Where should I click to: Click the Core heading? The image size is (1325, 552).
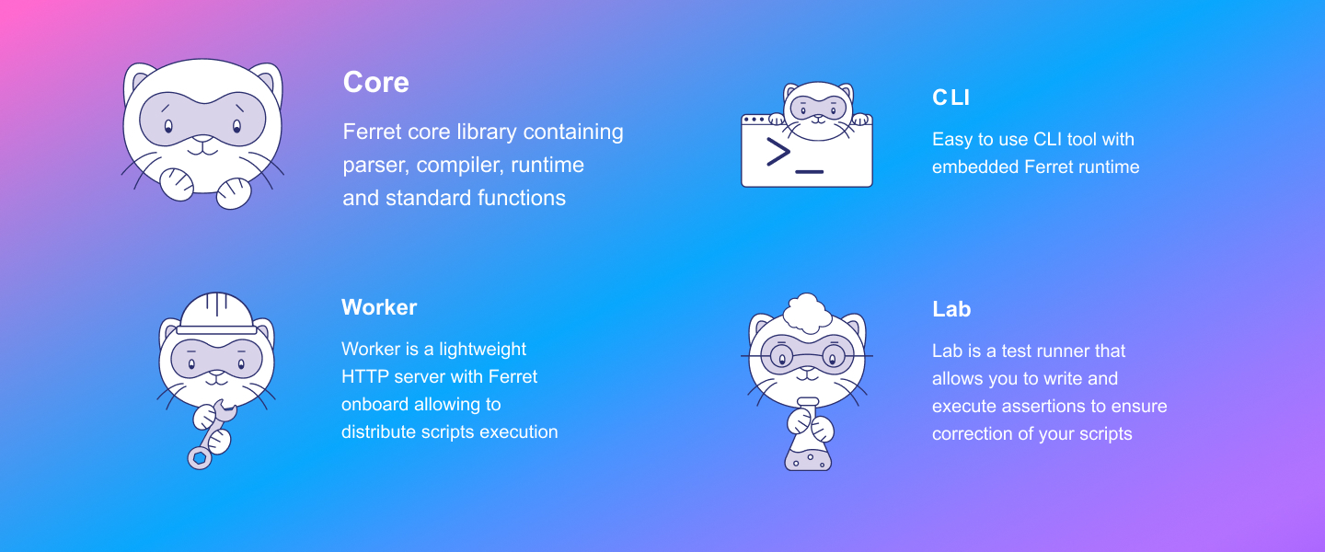[375, 82]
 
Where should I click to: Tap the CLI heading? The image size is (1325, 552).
[951, 98]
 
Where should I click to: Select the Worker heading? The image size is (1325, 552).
[379, 307]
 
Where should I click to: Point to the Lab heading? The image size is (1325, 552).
[951, 309]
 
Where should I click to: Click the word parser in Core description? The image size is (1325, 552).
[375, 165]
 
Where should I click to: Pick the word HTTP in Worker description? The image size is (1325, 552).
[365, 376]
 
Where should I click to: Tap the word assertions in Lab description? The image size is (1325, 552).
[1043, 406]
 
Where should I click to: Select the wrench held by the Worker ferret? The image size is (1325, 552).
[212, 435]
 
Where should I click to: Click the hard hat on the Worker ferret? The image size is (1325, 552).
[216, 313]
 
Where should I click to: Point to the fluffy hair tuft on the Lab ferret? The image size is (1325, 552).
[808, 313]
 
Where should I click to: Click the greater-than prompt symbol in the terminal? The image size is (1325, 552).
[778, 152]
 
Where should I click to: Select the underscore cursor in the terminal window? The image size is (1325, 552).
[809, 172]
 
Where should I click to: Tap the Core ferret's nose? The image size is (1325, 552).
[203, 139]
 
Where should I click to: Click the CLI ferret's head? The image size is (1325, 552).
[818, 110]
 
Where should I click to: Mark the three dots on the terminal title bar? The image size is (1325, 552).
[754, 120]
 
